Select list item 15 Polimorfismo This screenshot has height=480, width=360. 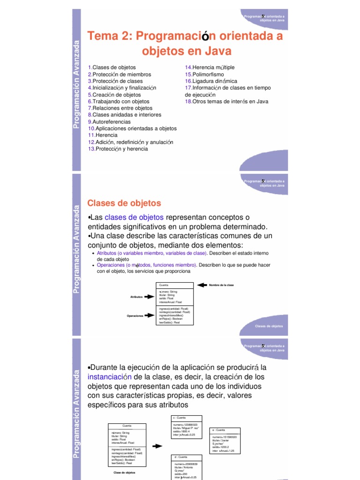pos(204,74)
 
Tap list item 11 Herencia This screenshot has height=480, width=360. pos(108,135)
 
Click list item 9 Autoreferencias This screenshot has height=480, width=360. pos(112,121)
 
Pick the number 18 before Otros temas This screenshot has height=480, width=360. pos(188,101)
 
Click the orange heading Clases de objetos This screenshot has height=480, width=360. pos(124,203)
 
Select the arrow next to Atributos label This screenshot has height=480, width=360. pos(150,296)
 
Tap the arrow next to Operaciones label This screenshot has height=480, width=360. pos(150,315)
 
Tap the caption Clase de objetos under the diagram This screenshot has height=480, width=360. pos(124,472)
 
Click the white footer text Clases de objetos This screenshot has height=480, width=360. pos(269,326)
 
